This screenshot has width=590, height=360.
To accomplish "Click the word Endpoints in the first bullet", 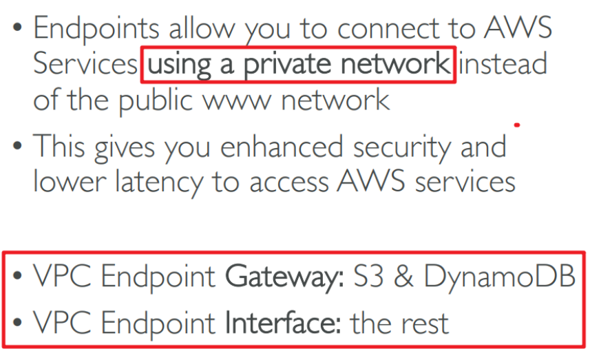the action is click(x=96, y=28).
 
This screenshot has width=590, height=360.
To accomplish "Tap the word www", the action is click(x=237, y=100).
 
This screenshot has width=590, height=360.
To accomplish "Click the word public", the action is click(x=156, y=100).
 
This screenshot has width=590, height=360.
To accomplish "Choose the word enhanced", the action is click(x=282, y=146).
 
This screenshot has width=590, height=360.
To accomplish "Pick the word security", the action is click(x=402, y=147).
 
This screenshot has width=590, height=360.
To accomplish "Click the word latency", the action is click(x=159, y=182).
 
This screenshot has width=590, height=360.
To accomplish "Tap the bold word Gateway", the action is click(x=284, y=277).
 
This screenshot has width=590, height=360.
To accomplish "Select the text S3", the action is click(x=368, y=276).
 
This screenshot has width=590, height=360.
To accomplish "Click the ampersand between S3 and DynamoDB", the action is click(x=403, y=276).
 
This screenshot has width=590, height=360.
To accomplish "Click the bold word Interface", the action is click(x=282, y=322).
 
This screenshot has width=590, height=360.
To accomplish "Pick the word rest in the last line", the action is click(x=425, y=324).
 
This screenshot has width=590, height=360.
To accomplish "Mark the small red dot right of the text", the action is click(x=517, y=125).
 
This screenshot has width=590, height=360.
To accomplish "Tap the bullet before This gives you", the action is click(x=17, y=145).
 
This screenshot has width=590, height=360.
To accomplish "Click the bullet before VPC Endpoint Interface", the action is click(x=17, y=322).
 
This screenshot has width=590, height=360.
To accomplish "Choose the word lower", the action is click(x=70, y=182).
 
